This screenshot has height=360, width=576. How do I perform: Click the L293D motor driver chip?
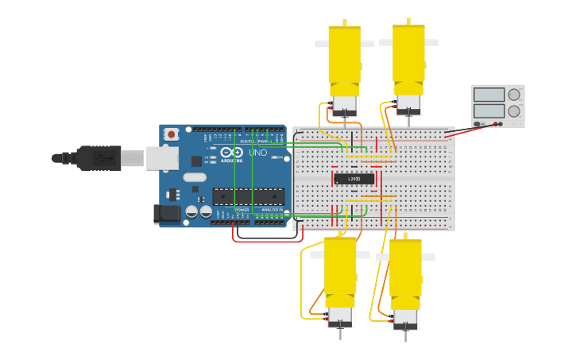click(x=354, y=179)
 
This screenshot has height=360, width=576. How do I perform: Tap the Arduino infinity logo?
click(x=232, y=153)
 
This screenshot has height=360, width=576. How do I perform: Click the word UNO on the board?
click(x=258, y=153)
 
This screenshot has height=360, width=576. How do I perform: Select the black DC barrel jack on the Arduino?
click(x=166, y=213)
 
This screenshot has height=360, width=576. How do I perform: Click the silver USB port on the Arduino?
click(x=162, y=158)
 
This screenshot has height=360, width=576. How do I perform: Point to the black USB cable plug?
click(x=99, y=158)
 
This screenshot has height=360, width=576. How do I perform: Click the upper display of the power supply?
click(x=489, y=95)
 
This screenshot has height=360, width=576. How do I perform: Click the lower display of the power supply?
click(x=489, y=110)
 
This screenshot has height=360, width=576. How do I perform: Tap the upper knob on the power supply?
click(x=514, y=95)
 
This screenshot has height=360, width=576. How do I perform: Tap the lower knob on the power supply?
click(x=514, y=111)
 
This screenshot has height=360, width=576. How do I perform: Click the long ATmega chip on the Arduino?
click(x=248, y=196)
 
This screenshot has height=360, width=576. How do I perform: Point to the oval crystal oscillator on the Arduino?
click(x=194, y=177)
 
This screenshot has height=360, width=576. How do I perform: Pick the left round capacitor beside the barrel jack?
click(x=191, y=211)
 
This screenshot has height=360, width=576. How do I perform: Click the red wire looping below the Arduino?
click(x=254, y=240)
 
